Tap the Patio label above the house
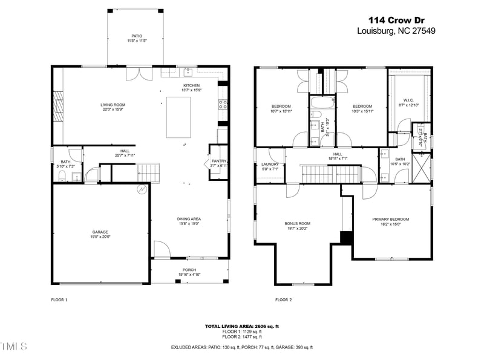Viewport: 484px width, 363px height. click(137, 36)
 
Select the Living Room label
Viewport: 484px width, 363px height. click(113, 105)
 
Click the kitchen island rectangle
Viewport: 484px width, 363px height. click(178, 116)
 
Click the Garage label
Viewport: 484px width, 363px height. click(100, 232)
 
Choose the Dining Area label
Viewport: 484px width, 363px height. click(189, 219)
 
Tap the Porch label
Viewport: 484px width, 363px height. click(189, 270)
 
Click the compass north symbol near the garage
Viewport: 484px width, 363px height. click(142, 189)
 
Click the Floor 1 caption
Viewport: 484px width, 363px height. click(59, 299)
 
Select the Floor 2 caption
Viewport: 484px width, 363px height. click(283, 299)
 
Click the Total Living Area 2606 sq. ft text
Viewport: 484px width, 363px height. click(242, 326)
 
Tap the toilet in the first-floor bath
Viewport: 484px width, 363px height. click(62, 176)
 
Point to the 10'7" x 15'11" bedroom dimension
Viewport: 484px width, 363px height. click(281, 111)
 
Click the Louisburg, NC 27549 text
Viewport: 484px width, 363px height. click(396, 31)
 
